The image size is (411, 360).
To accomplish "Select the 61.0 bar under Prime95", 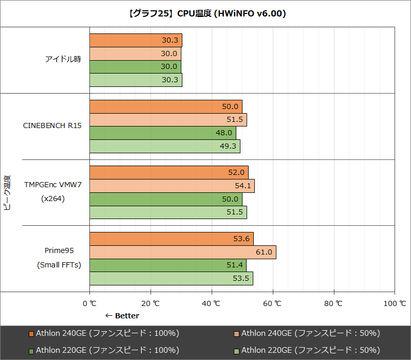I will tap(182, 252).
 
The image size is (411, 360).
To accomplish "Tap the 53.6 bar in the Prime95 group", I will tap(171, 239).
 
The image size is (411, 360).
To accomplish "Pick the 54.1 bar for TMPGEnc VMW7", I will tap(172, 186).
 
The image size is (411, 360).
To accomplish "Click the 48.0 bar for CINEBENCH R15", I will tap(162, 133).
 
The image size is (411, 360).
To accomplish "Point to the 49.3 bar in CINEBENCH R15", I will tap(164, 146).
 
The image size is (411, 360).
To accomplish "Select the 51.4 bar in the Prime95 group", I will tap(167, 265).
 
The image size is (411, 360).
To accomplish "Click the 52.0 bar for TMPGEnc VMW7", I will tap(169, 172).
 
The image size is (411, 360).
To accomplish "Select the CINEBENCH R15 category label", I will tap(52, 125).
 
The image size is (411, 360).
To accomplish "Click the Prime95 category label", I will tap(59, 251).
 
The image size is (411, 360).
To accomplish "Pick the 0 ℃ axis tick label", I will tap(90, 303).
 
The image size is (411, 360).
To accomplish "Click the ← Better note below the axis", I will tap(122, 316).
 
